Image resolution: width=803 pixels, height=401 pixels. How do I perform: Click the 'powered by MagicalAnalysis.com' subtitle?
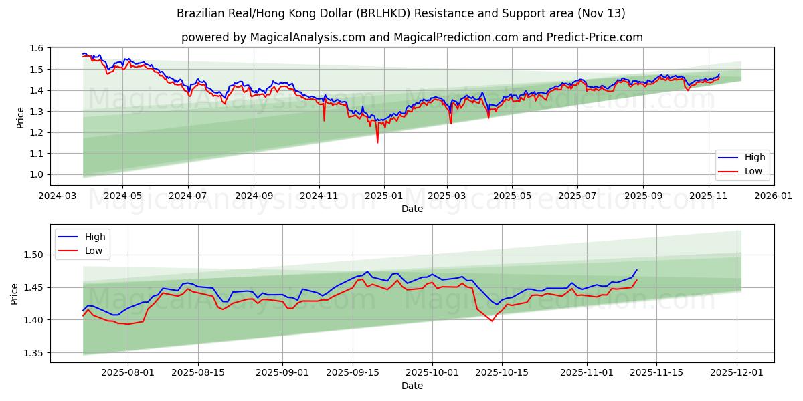pyautogui.click(x=412, y=37)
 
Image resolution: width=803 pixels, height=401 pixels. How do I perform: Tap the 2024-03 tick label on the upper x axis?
pyautogui.click(x=57, y=196)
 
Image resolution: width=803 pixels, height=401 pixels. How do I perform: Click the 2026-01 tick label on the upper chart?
pyautogui.click(x=774, y=196)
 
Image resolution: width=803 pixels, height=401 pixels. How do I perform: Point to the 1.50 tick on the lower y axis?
pyautogui.click(x=33, y=255)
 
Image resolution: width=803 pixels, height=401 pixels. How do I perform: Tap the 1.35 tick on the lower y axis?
pyautogui.click(x=33, y=353)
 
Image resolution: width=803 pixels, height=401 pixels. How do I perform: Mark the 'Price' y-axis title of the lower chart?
pyautogui.click(x=15, y=294)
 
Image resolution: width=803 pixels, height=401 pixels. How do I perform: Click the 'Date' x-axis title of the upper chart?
pyautogui.click(x=412, y=209)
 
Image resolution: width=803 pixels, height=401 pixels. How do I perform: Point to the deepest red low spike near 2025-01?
pyautogui.click(x=377, y=142)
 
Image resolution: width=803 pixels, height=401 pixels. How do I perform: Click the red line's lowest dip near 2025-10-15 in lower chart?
pyautogui.click(x=492, y=321)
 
